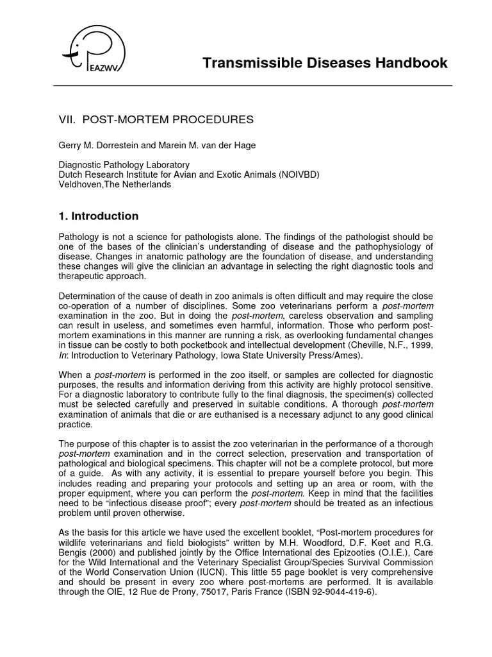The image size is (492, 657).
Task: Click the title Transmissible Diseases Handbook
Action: coord(325,63)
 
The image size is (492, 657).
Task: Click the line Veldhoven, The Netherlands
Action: coord(115,183)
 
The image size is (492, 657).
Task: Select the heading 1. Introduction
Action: coord(99,216)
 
